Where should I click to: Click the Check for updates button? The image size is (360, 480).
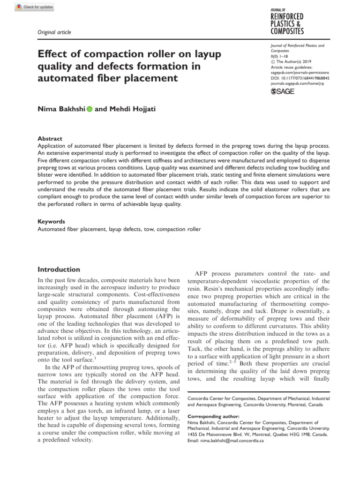(x=35, y=7)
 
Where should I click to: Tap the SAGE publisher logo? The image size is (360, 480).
(x=283, y=91)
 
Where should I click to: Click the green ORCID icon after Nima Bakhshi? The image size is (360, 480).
(x=89, y=109)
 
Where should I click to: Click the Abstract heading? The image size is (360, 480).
(x=50, y=139)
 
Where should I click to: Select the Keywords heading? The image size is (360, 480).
(x=52, y=222)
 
